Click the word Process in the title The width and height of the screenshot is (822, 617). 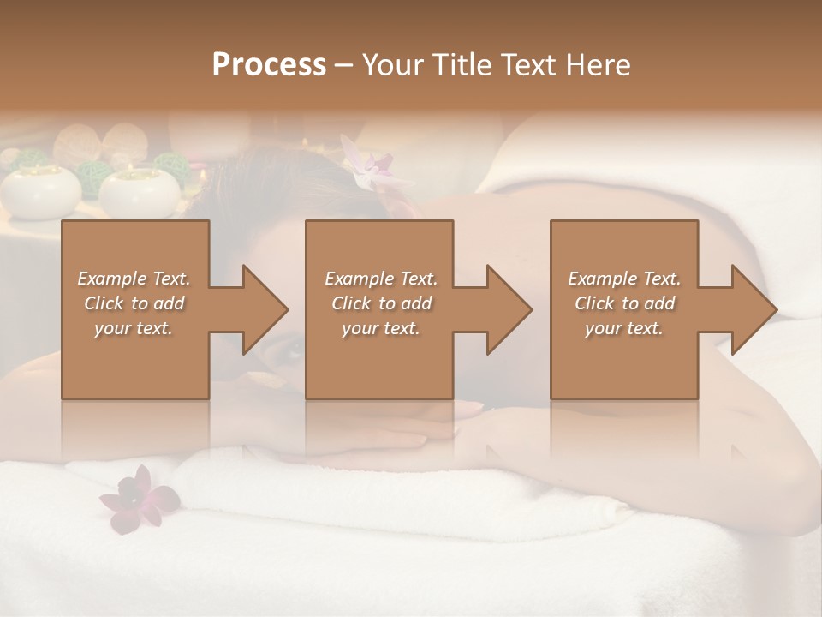point(269,65)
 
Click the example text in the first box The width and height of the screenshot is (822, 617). point(134,303)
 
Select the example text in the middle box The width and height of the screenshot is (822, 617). point(381,303)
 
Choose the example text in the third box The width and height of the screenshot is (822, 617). point(624,303)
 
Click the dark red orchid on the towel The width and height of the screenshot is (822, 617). point(137,497)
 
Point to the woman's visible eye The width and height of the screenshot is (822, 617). point(295,348)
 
